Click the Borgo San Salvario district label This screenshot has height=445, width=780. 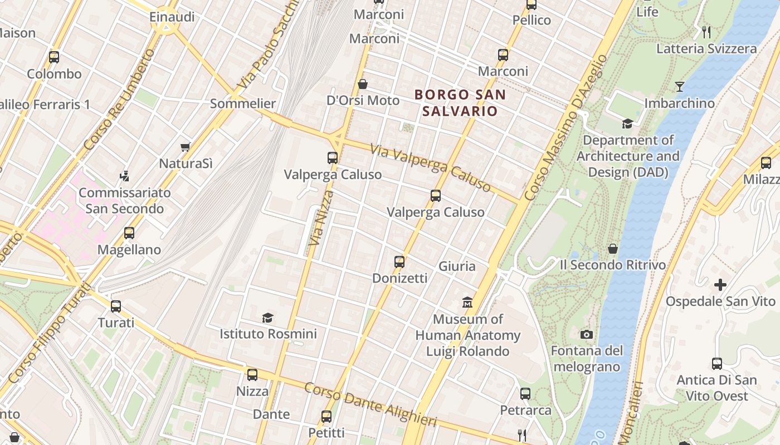coord(460,103)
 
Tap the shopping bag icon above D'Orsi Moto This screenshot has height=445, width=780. coord(363,84)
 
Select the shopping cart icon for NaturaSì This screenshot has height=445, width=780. coord(186,147)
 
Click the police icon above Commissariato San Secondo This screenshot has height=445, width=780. coord(125,176)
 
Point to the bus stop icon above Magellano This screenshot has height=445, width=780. coord(129,233)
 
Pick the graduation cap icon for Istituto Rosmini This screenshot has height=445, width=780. coord(268,318)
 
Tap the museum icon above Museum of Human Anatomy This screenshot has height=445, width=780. coord(467,303)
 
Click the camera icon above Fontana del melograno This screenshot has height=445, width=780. coord(586,334)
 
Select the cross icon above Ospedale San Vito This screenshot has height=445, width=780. coord(720,285)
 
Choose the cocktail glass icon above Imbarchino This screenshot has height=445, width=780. coord(679,87)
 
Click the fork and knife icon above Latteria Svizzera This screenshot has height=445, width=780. coord(706,32)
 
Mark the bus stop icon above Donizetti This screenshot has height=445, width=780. coord(399,261)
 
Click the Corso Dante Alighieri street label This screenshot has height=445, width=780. coord(370,404)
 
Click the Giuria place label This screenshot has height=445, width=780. coord(457,266)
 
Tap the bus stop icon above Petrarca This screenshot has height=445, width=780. coord(525,394)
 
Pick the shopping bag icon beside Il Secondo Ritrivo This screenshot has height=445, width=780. coord(613,249)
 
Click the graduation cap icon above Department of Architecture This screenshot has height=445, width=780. coord(627,123)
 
